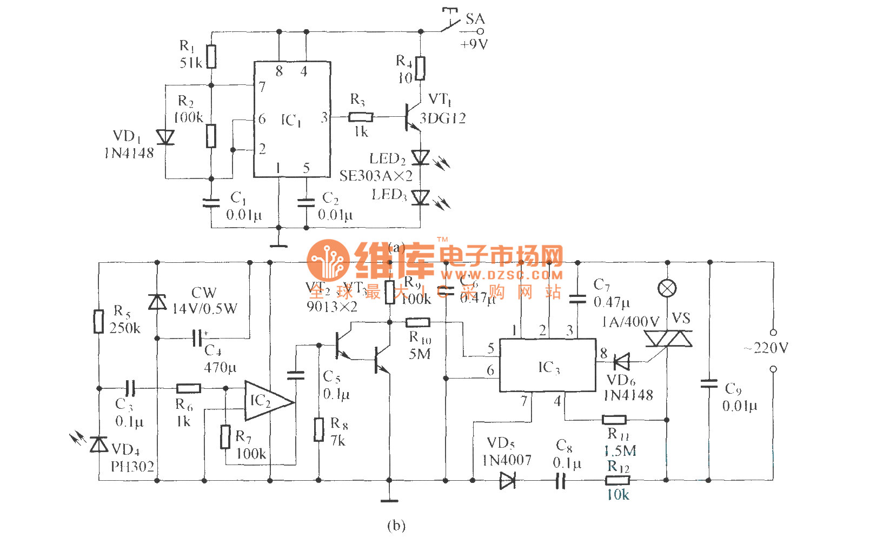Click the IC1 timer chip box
click(292, 120)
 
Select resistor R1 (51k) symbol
click(211, 56)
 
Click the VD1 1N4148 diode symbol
click(165, 137)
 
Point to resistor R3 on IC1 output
click(361, 117)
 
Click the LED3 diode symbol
click(420, 198)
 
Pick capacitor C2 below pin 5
click(306, 202)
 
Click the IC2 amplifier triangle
click(266, 401)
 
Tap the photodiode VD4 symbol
click(99, 445)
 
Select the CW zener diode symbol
click(157, 302)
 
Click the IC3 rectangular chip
click(547, 365)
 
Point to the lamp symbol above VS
click(667, 288)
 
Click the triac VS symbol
click(668, 339)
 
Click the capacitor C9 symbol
click(709, 383)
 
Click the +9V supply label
click(474, 44)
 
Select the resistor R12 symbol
click(617, 480)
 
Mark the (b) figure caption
click(396, 525)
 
